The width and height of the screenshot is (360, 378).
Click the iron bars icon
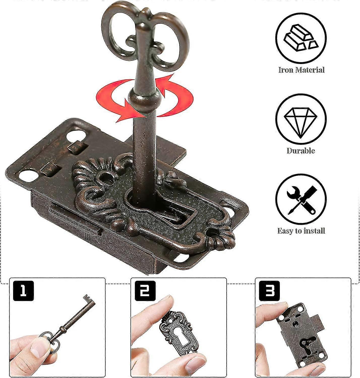(x=301, y=38)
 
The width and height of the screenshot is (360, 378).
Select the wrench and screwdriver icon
(x=301, y=200)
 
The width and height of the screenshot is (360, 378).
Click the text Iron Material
(x=302, y=70)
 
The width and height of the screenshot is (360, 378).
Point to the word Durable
(x=301, y=150)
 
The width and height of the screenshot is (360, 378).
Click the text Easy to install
(x=301, y=231)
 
